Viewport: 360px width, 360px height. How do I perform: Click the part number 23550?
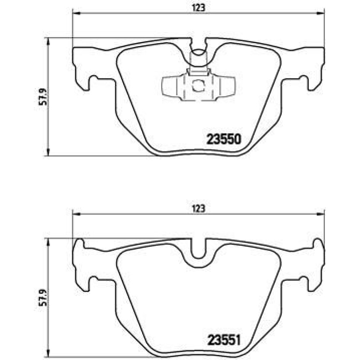(x=224, y=139)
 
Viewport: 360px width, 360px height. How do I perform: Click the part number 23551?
(x=224, y=340)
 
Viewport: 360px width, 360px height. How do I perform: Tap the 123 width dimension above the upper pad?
(x=198, y=8)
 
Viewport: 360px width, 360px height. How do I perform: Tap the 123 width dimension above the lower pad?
(x=198, y=209)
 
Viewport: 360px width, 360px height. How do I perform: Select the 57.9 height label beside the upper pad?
(x=43, y=96)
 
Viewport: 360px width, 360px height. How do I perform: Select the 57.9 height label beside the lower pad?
(x=43, y=297)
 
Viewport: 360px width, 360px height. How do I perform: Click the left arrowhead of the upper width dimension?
(x=76, y=13)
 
